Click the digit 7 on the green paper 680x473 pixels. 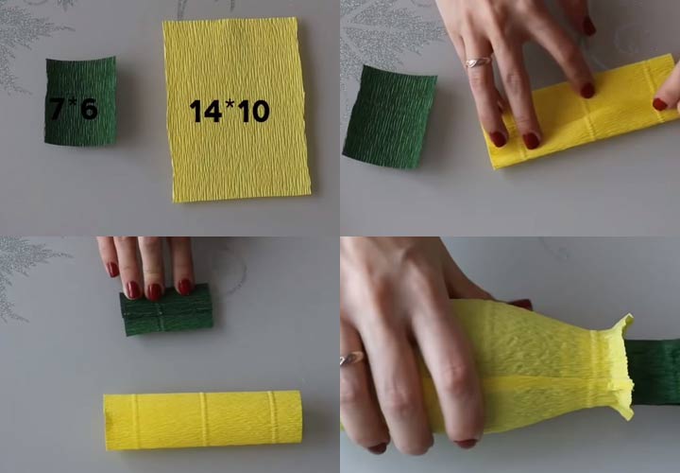[56, 109]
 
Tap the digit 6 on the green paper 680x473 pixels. [90, 109]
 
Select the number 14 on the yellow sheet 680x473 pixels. [206, 111]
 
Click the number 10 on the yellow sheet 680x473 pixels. [254, 111]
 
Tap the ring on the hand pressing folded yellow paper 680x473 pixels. [478, 62]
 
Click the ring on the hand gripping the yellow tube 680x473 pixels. [352, 359]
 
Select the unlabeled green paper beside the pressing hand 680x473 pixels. [390, 117]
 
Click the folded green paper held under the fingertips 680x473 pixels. [166, 310]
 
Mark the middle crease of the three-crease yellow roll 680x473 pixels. [202, 419]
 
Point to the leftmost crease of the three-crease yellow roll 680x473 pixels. [135, 421]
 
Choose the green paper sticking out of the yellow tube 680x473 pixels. [654, 372]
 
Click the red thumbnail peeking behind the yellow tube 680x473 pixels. [520, 304]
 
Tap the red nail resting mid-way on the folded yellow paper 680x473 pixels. [587, 91]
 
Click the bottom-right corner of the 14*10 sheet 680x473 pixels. [311, 193]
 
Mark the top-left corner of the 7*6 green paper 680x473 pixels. [46, 61]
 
